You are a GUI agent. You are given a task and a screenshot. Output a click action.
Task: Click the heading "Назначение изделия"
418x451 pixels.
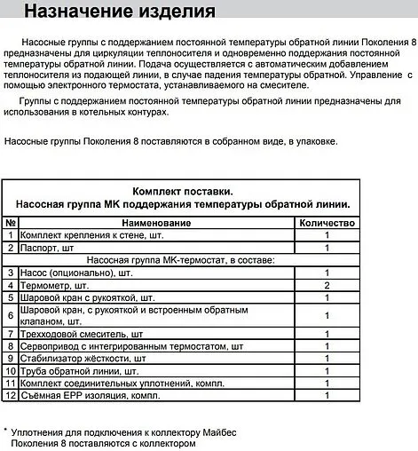pos(119,12)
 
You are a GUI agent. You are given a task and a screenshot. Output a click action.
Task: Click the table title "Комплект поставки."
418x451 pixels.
pos(182,191)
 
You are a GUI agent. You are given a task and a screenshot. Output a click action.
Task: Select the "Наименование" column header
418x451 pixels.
pos(156,221)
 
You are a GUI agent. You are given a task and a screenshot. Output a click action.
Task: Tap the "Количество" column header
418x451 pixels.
pos(327,221)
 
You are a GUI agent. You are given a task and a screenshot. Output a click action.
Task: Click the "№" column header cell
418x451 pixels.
pos(11,221)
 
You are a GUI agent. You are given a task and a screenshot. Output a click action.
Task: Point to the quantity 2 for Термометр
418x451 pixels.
pos(327,285)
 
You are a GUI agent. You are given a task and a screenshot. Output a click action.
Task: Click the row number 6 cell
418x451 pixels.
pos(11,315)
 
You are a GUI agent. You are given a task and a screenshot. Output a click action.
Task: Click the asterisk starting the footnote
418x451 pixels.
pos(5,429)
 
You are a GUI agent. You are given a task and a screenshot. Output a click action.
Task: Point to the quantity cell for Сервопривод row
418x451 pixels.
pos(327,345)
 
